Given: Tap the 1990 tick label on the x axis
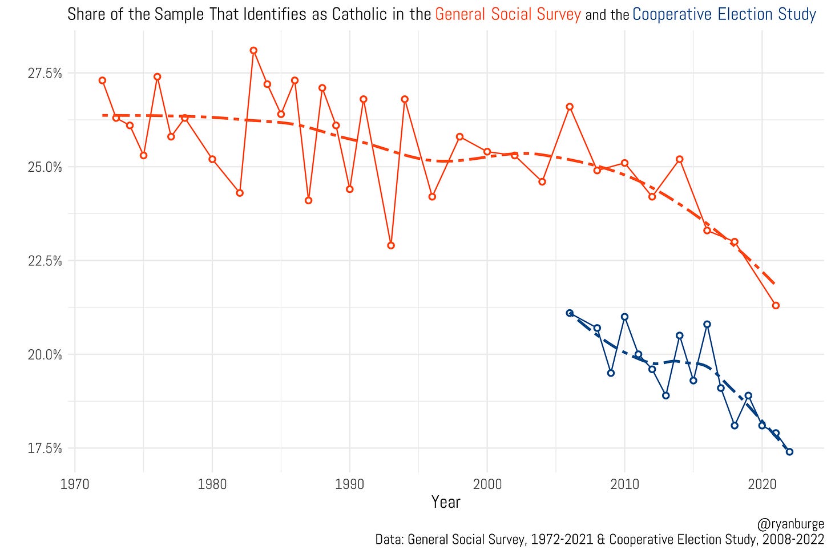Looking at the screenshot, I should point(349,484).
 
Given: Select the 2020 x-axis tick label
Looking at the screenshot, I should point(762,484).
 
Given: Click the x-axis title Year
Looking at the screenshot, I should point(446,502).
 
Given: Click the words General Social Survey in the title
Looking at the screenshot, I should point(508,14).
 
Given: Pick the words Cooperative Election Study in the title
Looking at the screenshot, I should point(724,14).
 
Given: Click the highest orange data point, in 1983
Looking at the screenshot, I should point(253,50).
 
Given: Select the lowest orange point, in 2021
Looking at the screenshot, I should point(776,306).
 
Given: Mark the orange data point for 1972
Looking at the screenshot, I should point(102,80).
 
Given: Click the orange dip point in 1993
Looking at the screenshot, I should point(391,245).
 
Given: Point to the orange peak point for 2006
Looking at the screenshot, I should point(570,107).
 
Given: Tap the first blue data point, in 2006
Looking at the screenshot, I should point(570,313).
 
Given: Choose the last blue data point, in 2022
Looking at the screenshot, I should point(789,452).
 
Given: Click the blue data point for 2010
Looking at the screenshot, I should point(624,317).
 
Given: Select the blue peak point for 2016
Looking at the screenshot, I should point(707,324).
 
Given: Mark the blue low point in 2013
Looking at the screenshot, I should point(665,395).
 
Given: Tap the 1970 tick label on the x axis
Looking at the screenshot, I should point(75,484).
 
